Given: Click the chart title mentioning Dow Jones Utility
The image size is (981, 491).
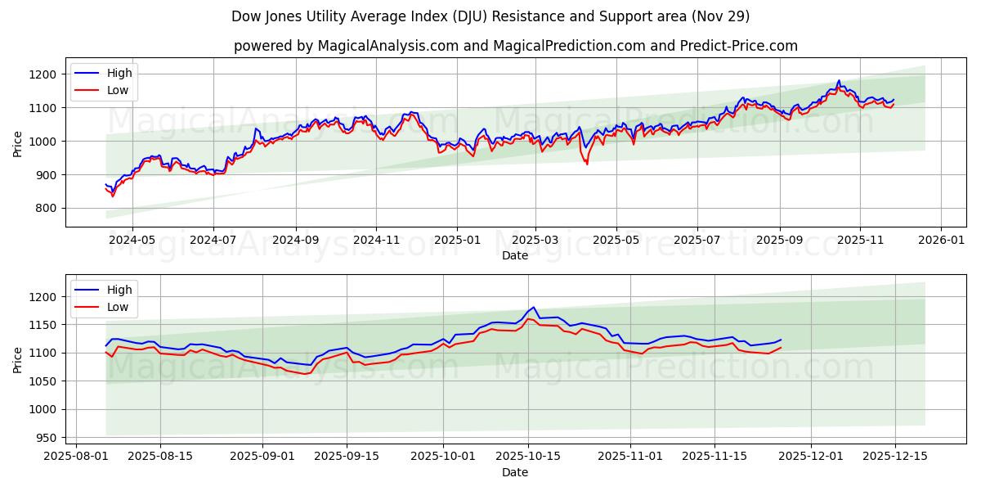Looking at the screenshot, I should point(490,16).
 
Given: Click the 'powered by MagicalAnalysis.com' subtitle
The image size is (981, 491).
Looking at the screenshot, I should point(515,46).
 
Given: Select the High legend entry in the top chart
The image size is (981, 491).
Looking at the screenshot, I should point(119,73).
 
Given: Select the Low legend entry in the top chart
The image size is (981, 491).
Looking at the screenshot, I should point(118,90).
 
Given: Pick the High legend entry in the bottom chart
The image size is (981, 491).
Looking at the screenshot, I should point(119,290).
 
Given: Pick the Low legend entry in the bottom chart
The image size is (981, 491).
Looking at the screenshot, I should point(118,307).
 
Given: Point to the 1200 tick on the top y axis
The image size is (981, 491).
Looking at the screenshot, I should point(46,74).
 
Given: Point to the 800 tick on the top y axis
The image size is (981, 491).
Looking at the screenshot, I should point(48,208).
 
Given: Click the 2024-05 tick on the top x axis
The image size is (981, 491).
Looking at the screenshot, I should point(132,241).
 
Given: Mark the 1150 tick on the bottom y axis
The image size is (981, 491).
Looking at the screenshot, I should point(46,325).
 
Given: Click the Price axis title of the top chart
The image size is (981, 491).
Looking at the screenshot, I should point(18,142).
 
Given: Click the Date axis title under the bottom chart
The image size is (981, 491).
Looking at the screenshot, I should point(515,472).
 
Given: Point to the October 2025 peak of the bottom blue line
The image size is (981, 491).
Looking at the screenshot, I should point(533,308).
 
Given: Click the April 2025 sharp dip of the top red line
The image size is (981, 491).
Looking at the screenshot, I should point(586,164).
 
